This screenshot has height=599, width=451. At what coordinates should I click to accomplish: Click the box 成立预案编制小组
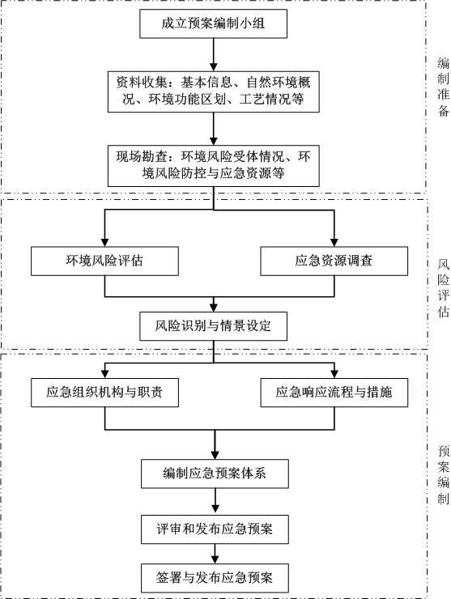214,23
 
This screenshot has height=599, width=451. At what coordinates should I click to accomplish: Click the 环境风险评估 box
104,261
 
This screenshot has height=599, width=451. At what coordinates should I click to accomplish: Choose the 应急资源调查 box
334,261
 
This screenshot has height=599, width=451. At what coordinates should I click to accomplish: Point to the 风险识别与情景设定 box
214,327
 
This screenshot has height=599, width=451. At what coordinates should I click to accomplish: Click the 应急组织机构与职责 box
104,393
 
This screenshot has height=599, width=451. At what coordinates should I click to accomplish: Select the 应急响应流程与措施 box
334,393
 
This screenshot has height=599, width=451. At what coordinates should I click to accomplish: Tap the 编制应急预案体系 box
214,474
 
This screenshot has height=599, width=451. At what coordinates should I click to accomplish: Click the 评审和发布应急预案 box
214,529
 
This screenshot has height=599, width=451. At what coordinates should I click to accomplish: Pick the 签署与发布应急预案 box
214,578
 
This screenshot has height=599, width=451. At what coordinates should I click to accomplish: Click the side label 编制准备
443,87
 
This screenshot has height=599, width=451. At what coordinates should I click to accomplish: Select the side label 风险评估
443,288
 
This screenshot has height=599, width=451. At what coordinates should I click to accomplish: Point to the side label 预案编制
443,474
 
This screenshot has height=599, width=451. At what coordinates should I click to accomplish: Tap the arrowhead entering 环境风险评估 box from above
104,241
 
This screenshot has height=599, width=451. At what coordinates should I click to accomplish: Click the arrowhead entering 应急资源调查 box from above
334,241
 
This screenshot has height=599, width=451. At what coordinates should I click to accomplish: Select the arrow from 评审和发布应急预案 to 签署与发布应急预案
214,554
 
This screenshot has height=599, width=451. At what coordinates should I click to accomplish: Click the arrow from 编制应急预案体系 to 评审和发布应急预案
214,501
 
